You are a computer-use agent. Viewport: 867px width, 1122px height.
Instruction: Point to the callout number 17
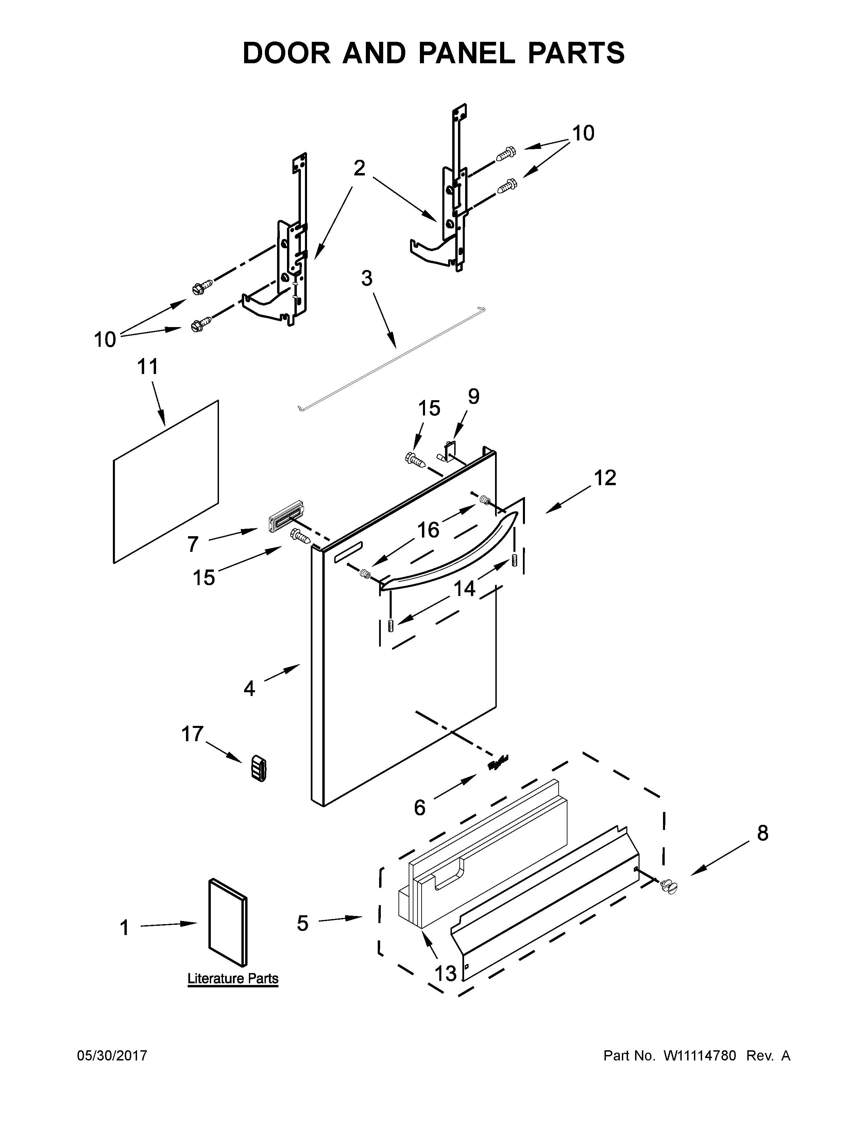coord(192,734)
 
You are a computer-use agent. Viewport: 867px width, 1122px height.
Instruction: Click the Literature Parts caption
coord(233,978)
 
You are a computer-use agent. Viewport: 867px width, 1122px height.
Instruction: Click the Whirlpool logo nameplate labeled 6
coord(498,763)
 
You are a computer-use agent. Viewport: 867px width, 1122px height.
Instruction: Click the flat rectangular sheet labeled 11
coord(165,482)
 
